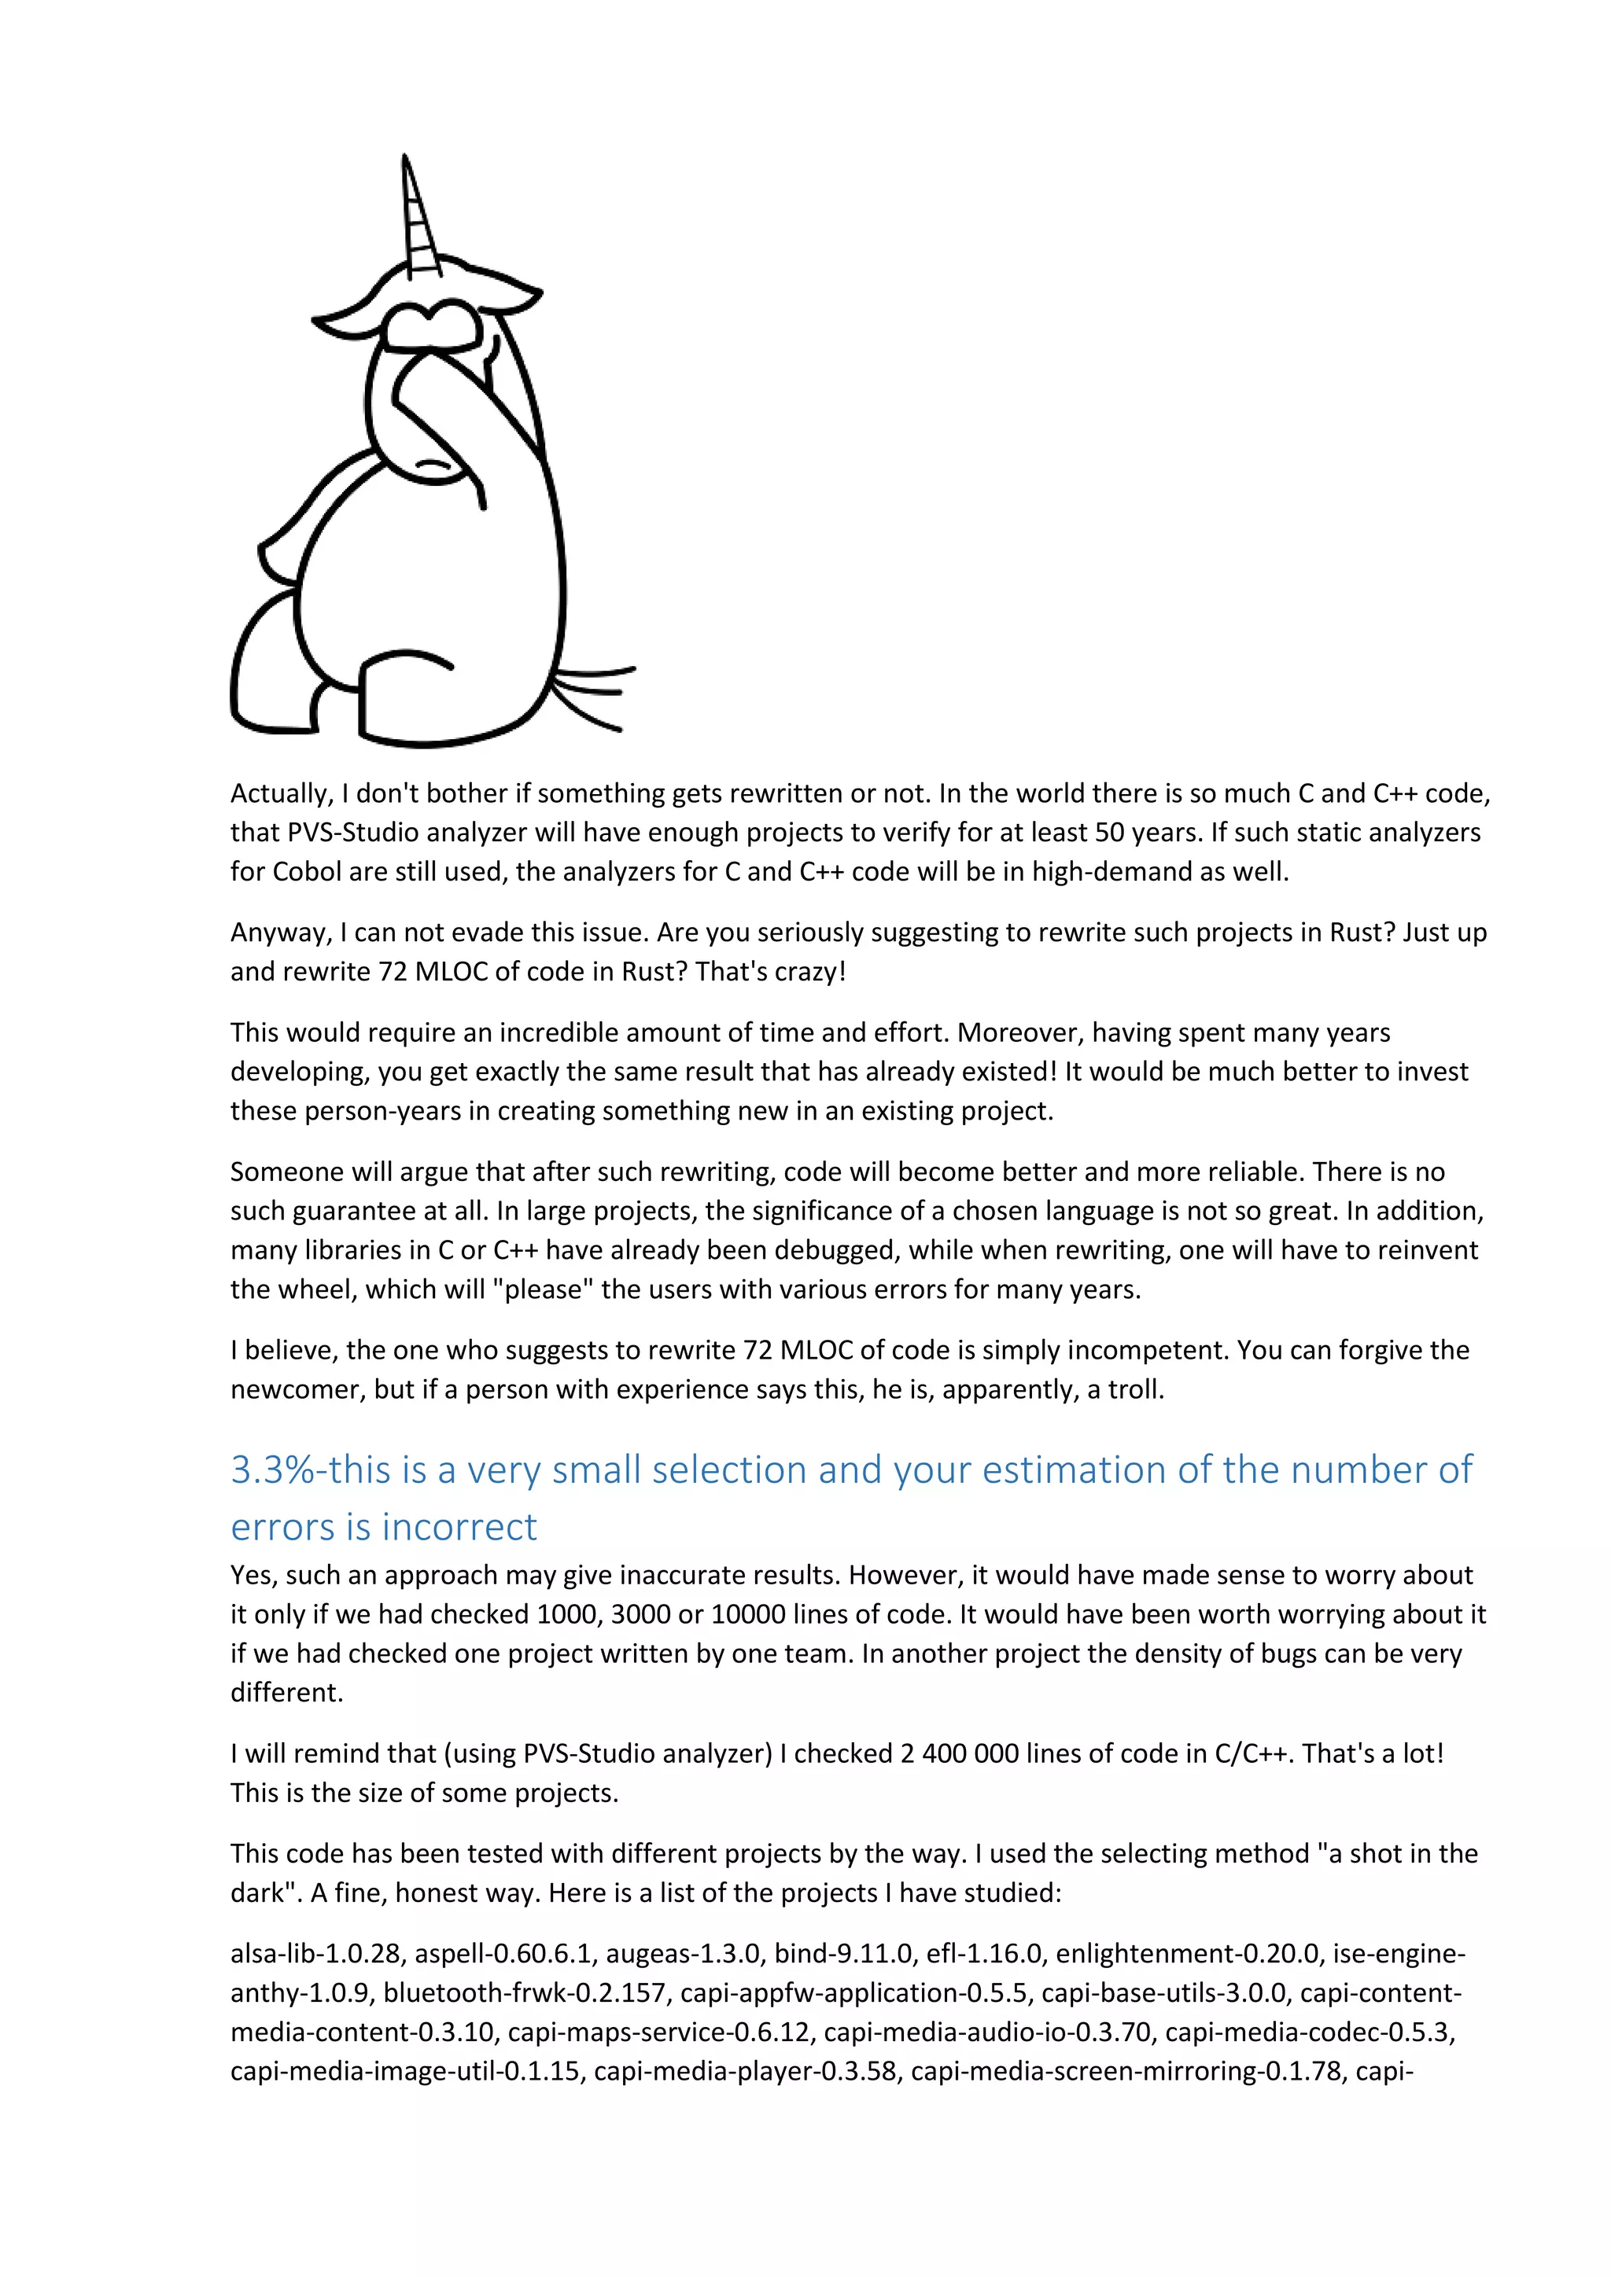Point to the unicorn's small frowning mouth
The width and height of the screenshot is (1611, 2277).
point(432,464)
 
